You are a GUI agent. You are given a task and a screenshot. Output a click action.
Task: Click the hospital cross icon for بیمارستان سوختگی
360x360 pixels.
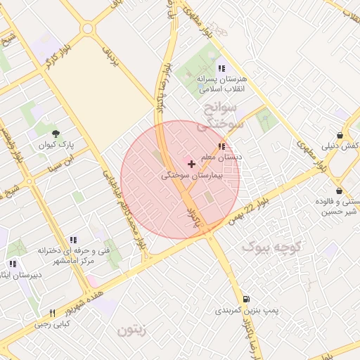(x=191, y=163)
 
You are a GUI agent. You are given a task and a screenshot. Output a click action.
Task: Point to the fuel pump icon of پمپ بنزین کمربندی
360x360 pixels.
(x=245, y=299)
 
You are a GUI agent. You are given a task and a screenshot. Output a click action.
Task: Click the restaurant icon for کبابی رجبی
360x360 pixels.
(x=52, y=313)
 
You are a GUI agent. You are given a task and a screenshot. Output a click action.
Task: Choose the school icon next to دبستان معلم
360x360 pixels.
(x=221, y=146)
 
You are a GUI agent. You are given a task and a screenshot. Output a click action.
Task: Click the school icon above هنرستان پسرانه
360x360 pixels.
(x=221, y=68)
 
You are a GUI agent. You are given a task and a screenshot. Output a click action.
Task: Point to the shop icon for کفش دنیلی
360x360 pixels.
(x=340, y=135)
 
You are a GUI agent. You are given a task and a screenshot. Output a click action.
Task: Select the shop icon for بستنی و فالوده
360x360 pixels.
(x=339, y=191)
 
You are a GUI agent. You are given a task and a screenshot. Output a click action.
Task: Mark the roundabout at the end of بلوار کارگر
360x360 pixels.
(x=87, y=29)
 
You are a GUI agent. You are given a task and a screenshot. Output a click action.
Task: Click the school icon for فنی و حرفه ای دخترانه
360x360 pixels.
(x=73, y=240)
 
